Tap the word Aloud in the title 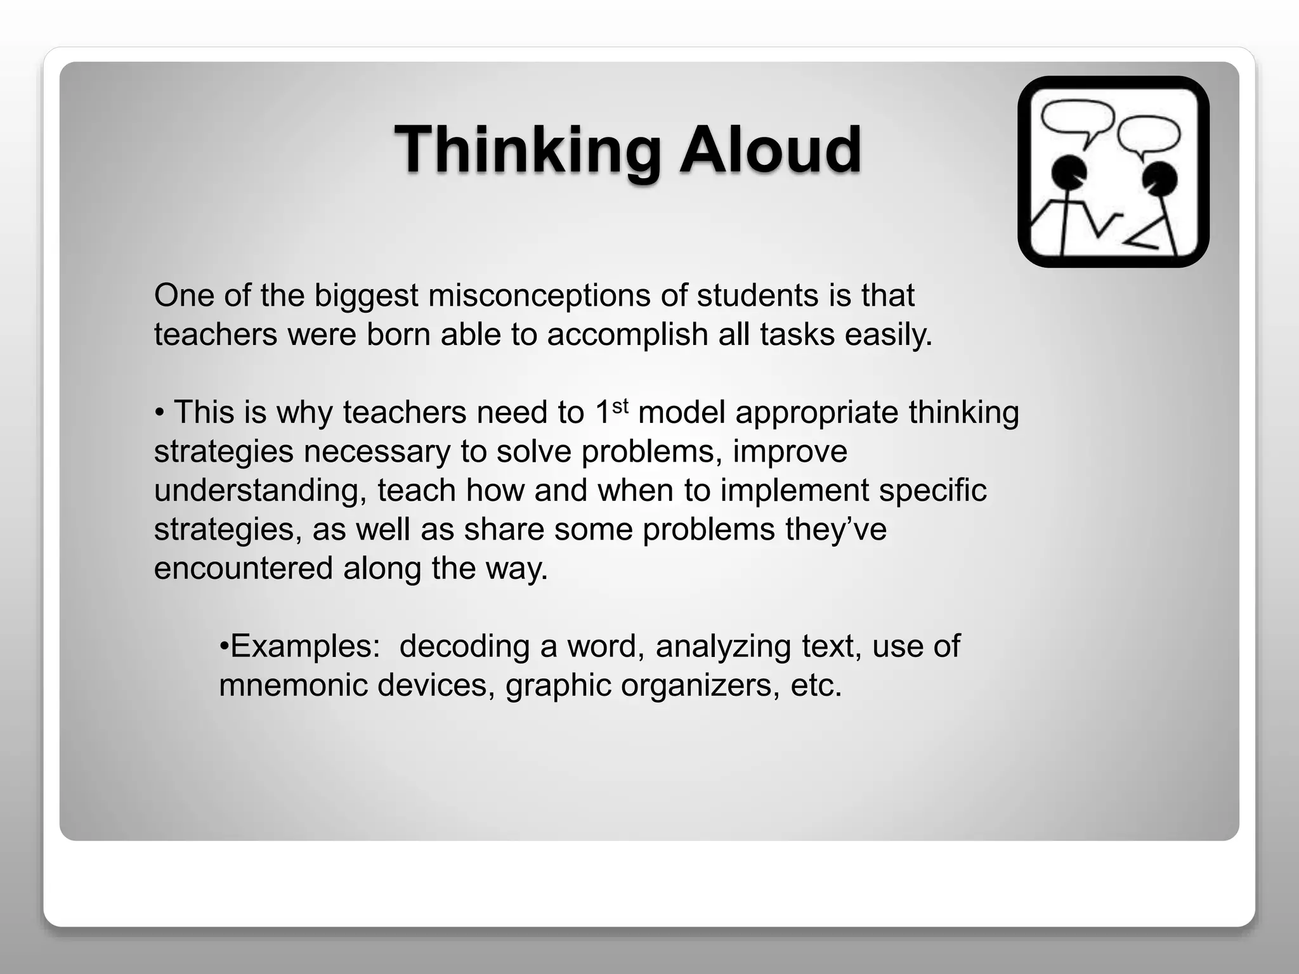click(x=771, y=150)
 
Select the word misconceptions click(x=539, y=295)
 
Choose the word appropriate click(x=817, y=413)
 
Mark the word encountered click(x=244, y=568)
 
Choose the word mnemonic click(x=293, y=685)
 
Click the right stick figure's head click(x=1160, y=178)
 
